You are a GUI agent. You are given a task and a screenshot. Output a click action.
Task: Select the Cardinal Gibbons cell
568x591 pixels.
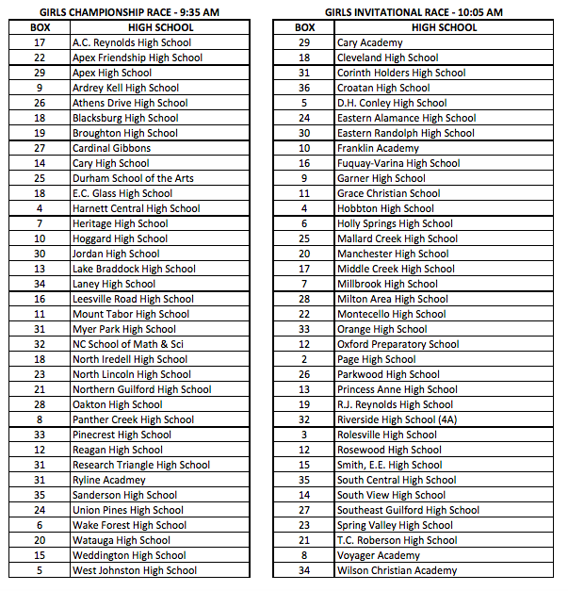[x=111, y=148]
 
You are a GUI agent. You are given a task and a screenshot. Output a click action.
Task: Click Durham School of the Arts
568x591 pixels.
[x=133, y=178]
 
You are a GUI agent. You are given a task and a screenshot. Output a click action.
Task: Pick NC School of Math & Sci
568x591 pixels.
[x=128, y=344]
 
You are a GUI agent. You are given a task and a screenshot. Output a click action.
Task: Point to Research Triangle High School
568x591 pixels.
[x=141, y=465]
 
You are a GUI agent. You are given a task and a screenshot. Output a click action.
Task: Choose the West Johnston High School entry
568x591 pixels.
[x=135, y=570]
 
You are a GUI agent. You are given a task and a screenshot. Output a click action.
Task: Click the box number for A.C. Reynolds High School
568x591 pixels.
[x=40, y=42]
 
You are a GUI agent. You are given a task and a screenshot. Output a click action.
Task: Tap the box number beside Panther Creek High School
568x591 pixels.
[x=40, y=419]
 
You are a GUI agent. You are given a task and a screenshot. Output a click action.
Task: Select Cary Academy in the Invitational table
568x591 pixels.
[x=369, y=42]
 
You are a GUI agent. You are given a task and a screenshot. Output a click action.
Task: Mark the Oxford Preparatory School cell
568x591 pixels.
[x=398, y=344]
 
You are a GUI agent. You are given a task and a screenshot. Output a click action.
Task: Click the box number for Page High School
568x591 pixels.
[x=304, y=359]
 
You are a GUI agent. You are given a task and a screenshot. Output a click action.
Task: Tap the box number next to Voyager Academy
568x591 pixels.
[x=304, y=555]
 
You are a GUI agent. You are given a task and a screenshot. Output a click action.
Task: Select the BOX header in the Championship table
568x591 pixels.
[x=40, y=27]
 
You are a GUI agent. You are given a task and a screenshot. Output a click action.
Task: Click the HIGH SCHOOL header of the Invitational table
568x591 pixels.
[x=445, y=27]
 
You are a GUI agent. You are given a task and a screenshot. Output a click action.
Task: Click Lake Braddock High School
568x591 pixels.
[x=134, y=269]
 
